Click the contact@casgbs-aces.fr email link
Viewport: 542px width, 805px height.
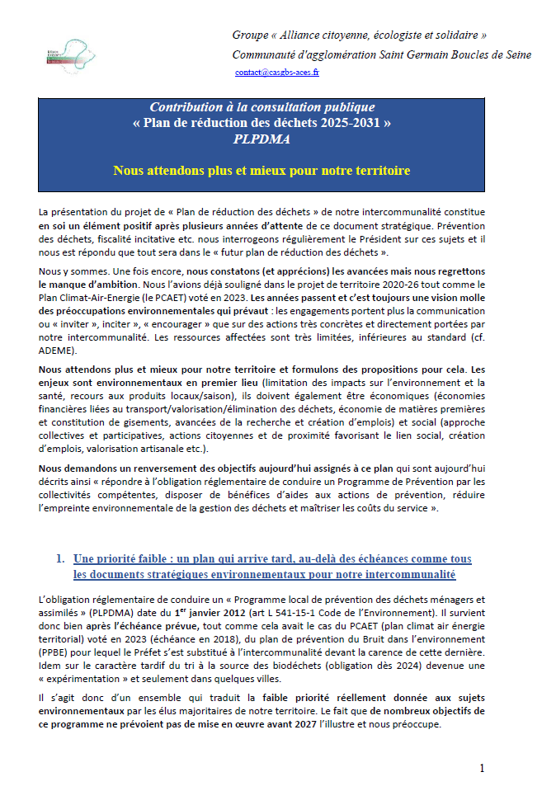pos(276,73)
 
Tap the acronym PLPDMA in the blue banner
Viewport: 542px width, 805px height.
pos(262,140)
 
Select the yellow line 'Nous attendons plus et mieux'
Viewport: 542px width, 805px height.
pos(262,171)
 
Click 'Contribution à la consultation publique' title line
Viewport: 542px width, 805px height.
pos(262,108)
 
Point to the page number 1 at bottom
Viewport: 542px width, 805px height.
pos(483,769)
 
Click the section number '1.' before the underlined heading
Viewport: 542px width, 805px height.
pos(61,558)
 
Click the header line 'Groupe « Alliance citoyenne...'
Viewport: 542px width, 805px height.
pos(359,35)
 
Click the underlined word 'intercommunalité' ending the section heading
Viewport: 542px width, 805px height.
pos(408,573)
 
